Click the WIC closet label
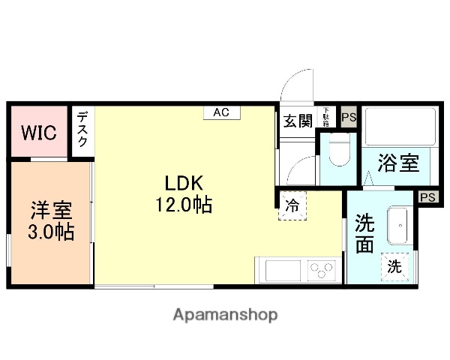38,133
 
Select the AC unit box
220,112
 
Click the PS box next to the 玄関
348,117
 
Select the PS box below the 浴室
427,197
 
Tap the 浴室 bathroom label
397,163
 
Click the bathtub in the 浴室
398,127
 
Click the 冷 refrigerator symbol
292,205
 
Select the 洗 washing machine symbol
394,265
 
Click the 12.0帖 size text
184,204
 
